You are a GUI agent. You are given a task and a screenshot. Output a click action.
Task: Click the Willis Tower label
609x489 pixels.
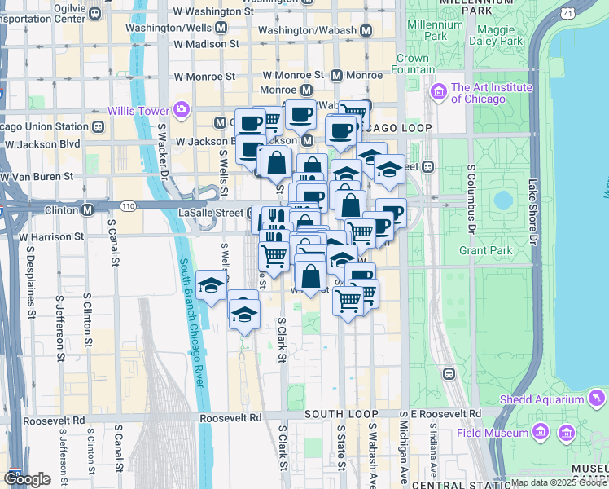click(138, 110)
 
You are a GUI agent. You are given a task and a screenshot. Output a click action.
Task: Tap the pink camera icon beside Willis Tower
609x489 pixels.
click(180, 110)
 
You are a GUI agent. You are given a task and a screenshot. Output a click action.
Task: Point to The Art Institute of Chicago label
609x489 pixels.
click(479, 93)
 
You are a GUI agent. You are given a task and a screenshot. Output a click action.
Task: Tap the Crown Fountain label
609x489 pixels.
click(413, 64)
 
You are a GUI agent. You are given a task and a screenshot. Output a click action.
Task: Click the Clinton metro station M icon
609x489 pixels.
click(87, 209)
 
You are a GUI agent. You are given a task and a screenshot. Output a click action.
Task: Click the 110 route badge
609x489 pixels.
click(128, 206)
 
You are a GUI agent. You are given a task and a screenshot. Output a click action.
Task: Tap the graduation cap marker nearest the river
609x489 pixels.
click(211, 285)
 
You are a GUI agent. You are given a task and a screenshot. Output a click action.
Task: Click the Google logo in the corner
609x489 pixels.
click(27, 478)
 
